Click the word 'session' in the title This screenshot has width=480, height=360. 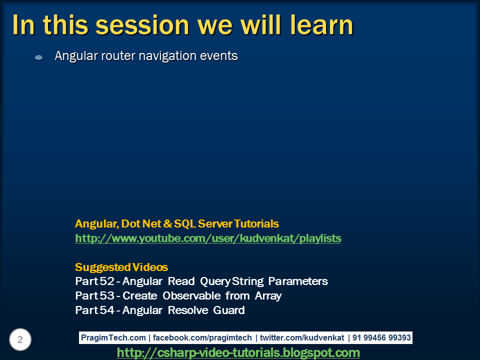[x=137, y=25]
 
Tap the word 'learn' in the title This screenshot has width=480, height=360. [x=316, y=25]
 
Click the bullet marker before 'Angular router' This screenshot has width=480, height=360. [x=38, y=57]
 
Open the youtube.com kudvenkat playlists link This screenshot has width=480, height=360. [x=208, y=238]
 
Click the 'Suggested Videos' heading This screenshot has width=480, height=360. [x=121, y=267]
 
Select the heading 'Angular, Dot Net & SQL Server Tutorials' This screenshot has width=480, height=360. [x=177, y=223]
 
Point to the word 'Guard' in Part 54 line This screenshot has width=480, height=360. [x=228, y=310]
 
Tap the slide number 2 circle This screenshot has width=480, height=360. [x=20, y=340]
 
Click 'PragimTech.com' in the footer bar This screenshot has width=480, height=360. [x=113, y=338]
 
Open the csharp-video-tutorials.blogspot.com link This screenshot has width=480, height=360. [x=238, y=353]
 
